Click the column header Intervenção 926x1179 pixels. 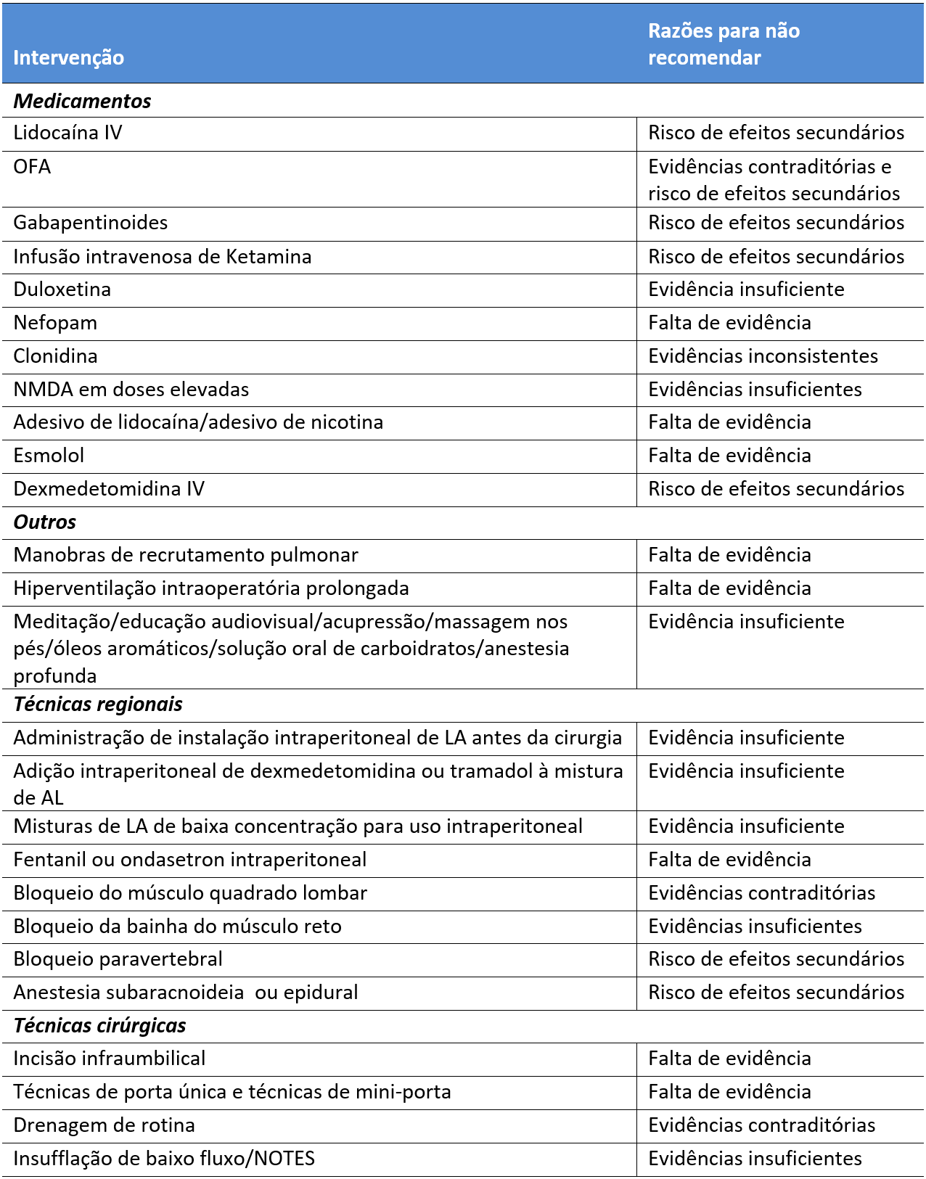pyautogui.click(x=69, y=57)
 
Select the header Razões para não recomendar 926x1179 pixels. pyautogui.click(x=724, y=44)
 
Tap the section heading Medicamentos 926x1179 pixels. pyautogui.click(x=82, y=101)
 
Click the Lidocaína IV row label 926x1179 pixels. pyautogui.click(x=67, y=133)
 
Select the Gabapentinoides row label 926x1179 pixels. pyautogui.click(x=91, y=223)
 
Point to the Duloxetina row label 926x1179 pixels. pyautogui.click(x=62, y=289)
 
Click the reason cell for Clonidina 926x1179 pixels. pyautogui.click(x=763, y=356)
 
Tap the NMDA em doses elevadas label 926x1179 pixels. pyautogui.click(x=131, y=390)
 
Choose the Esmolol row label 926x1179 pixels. pyautogui.click(x=49, y=456)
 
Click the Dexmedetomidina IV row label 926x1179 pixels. pyautogui.click(x=109, y=489)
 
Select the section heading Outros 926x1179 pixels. pyautogui.click(x=44, y=522)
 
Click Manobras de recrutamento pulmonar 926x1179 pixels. pyautogui.click(x=186, y=555)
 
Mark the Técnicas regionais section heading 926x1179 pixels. pyautogui.click(x=98, y=704)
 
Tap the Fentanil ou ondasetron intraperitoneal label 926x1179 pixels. pyautogui.click(x=190, y=860)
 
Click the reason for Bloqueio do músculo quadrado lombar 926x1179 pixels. pyautogui.click(x=761, y=893)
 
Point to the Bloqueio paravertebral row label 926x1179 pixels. pyautogui.click(x=118, y=959)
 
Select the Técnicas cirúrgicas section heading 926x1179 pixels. pyautogui.click(x=99, y=1026)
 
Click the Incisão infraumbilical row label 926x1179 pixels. pyautogui.click(x=110, y=1059)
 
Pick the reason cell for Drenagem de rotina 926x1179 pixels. pyautogui.click(x=761, y=1125)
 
